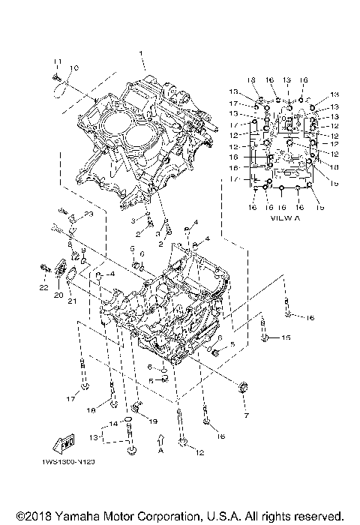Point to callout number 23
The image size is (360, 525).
coord(88,214)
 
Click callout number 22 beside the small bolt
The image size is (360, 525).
coord(43,287)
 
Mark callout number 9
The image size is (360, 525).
coord(82,249)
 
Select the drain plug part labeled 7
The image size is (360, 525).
coord(242,388)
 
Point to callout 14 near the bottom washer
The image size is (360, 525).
coord(115,424)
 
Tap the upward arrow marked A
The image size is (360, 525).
coord(160,441)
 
